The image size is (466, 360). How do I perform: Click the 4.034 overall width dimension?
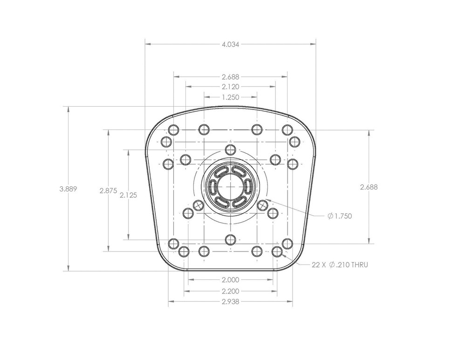[230, 45]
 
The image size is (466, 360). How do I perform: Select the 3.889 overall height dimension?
[68, 189]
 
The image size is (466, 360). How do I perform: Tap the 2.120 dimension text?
[230, 87]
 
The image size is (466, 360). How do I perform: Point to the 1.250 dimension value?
[230, 97]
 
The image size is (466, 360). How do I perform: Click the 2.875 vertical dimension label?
[108, 190]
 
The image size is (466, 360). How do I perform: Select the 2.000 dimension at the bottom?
[230, 280]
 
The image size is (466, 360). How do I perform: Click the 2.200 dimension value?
[230, 291]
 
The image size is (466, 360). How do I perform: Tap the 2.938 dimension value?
[230, 301]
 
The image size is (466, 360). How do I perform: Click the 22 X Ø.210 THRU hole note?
[340, 265]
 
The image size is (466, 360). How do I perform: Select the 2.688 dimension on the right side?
[369, 187]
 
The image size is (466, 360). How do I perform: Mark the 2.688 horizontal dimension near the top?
[230, 76]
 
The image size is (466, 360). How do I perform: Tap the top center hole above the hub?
[230, 149]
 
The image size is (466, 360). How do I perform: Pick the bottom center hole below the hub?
[230, 239]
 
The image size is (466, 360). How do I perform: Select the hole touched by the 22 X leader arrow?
[277, 251]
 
